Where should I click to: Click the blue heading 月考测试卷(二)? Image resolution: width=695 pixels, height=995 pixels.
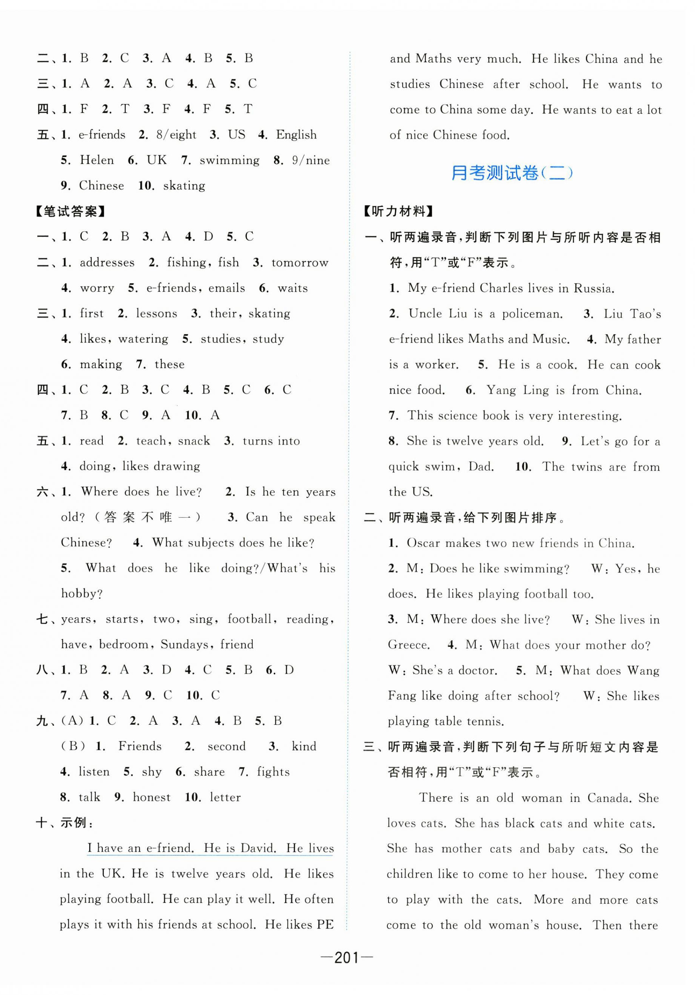(512, 173)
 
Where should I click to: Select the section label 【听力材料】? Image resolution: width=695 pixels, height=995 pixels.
(398, 211)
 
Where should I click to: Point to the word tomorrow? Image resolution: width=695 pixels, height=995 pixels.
(300, 263)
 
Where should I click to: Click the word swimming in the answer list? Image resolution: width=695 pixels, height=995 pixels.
(230, 160)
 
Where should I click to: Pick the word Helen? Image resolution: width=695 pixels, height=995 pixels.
(97, 160)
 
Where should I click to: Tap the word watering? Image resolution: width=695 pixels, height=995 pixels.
(143, 339)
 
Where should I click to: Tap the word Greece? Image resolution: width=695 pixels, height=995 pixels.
(408, 645)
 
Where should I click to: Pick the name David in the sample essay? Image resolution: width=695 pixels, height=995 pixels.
(258, 848)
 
